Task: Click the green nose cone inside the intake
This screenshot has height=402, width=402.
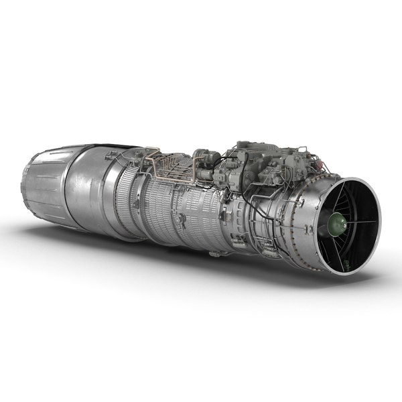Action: pyautogui.click(x=337, y=225)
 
